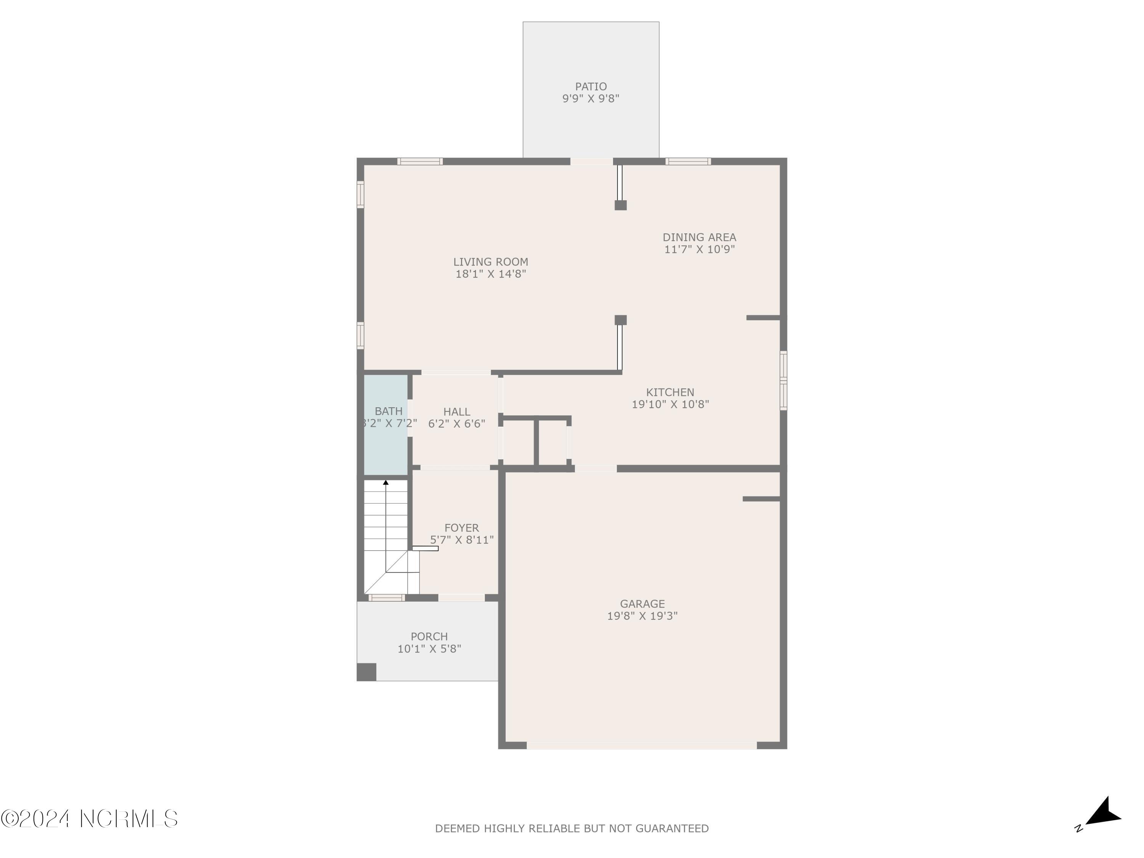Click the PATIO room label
(591, 86)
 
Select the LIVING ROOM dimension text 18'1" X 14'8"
(490, 274)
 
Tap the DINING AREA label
(699, 238)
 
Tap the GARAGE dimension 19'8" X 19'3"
(642, 616)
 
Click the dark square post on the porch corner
(366, 672)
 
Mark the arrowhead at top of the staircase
(385, 482)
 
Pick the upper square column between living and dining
(620, 205)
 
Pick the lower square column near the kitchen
(620, 320)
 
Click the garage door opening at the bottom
(641, 745)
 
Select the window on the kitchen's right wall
(783, 381)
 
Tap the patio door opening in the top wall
(591, 161)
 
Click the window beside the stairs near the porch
(386, 598)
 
